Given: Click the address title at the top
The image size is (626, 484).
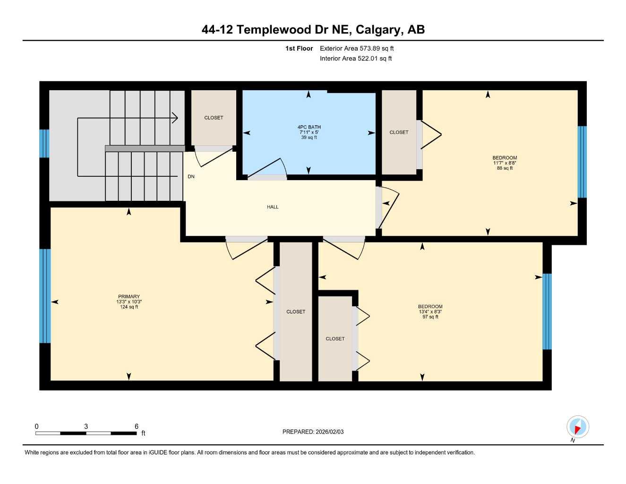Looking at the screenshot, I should coord(313,29).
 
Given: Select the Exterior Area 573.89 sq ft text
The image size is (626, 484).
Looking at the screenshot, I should coord(357,48).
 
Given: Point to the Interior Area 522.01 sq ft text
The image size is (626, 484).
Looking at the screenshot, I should coord(356,59).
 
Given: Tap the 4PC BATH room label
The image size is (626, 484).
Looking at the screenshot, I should coord(309,127).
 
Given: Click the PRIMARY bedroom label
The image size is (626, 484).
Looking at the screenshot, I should coord(129,296).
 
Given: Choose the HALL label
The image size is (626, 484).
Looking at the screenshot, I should coord(273,207).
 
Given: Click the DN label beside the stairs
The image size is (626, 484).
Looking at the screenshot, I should coord(191,177).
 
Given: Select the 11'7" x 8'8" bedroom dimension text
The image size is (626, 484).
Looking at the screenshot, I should coord(505,163).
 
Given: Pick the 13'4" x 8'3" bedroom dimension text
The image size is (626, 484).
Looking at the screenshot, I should coord(430,312).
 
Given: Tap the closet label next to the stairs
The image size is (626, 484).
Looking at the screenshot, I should coord(214,118).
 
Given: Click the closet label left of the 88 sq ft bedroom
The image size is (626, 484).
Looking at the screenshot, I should coord(399,132).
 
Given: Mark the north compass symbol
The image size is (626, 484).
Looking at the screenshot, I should coord(577,427).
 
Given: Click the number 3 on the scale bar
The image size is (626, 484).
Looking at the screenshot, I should coord(86,426).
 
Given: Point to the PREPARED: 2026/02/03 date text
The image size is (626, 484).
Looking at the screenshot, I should coord(313,432).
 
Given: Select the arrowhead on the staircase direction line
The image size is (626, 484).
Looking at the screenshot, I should coord(175,118).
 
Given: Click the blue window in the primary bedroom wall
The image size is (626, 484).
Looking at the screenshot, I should coord(45,295).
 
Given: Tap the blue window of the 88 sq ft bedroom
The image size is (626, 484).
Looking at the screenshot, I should coord(582,162).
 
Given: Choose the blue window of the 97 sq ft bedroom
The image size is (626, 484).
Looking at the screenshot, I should coord(547,311).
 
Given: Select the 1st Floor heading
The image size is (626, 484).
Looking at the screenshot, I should coord(299,48).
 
